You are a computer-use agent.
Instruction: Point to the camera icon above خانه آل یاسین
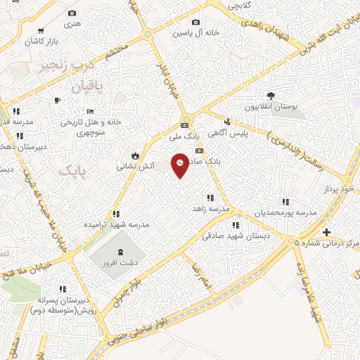195,22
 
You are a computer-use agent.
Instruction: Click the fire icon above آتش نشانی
133,155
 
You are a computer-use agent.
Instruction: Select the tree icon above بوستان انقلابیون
271,96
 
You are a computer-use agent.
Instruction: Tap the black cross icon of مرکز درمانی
326,231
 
